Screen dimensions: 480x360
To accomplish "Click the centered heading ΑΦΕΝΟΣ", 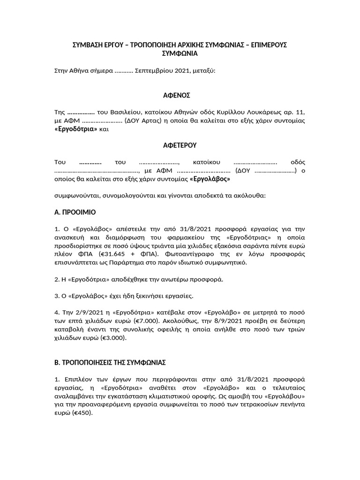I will (180, 96).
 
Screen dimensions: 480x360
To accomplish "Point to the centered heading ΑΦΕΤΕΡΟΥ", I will (180, 146).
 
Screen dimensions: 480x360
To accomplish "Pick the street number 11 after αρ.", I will (300, 112).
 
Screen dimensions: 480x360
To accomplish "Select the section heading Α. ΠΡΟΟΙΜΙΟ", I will (75, 212).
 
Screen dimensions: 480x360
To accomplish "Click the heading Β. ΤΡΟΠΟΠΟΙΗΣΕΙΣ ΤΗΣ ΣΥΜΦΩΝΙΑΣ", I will (110, 363).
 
